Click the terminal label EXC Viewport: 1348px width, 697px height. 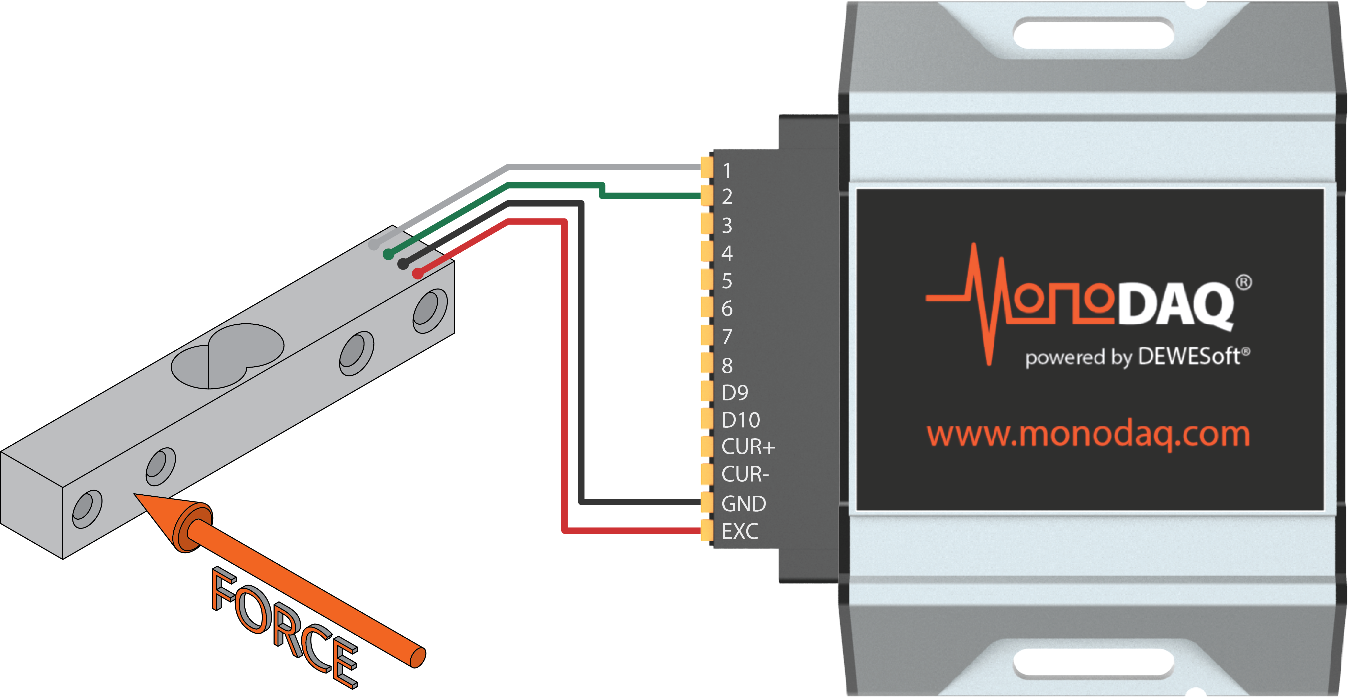(x=739, y=531)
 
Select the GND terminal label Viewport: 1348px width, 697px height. (x=743, y=503)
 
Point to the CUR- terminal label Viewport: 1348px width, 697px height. (x=745, y=474)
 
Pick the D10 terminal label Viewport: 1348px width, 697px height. (x=740, y=419)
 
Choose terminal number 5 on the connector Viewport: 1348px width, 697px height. (x=727, y=281)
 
